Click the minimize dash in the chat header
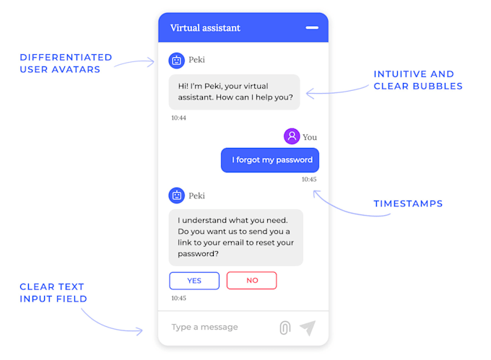312,27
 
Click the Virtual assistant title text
205,28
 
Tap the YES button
194,280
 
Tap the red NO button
252,280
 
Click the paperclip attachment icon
284,328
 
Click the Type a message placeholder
204,328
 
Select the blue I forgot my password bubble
270,160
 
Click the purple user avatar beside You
292,136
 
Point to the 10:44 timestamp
178,118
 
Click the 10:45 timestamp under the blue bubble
309,179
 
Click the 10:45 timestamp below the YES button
178,298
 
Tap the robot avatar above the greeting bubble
176,61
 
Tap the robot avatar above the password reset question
176,196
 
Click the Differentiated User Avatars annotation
66,63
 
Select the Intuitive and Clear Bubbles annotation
417,80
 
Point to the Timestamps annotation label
408,203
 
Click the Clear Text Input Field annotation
53,292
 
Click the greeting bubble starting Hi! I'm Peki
234,92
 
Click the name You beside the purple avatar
310,137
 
